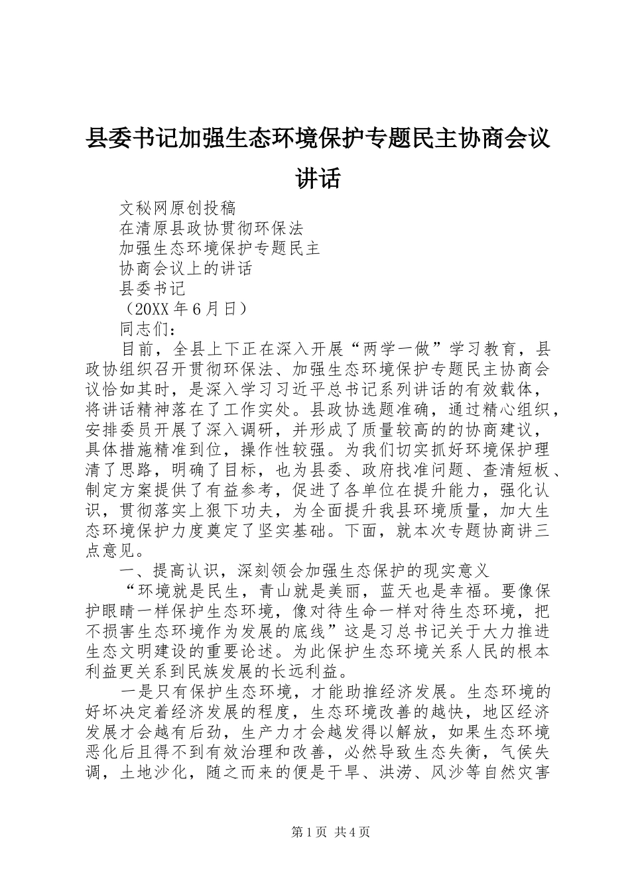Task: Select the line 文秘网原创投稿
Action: tap(177, 208)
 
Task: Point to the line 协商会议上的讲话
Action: tap(186, 268)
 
